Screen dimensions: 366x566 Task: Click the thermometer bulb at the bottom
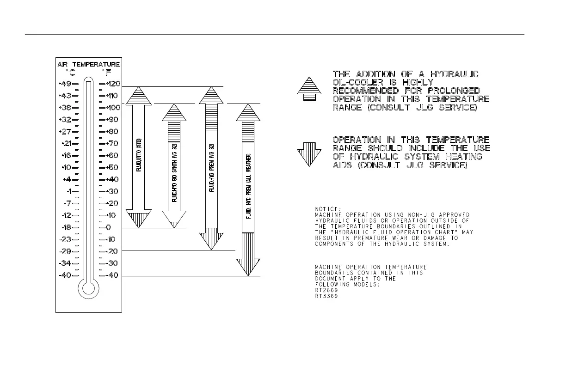click(88, 289)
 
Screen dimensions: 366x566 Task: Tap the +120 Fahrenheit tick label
click(113, 84)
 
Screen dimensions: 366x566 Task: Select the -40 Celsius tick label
click(65, 275)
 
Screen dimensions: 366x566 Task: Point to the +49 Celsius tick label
click(65, 84)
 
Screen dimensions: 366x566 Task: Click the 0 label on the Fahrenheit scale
click(108, 227)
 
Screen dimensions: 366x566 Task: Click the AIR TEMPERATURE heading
click(89, 64)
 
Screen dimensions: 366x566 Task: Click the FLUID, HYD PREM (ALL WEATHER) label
click(248, 186)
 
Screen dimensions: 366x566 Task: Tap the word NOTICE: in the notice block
click(328, 208)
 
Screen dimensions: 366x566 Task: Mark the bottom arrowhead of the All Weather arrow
click(248, 267)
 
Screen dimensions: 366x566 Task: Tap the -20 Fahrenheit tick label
click(112, 251)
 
